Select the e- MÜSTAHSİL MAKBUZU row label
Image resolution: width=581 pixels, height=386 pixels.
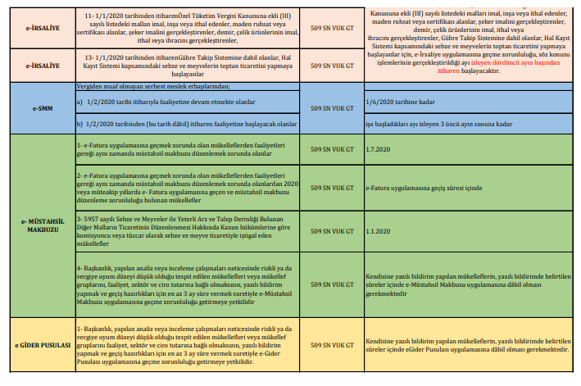coord(34,225)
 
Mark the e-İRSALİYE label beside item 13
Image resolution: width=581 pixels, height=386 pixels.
coord(34,63)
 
